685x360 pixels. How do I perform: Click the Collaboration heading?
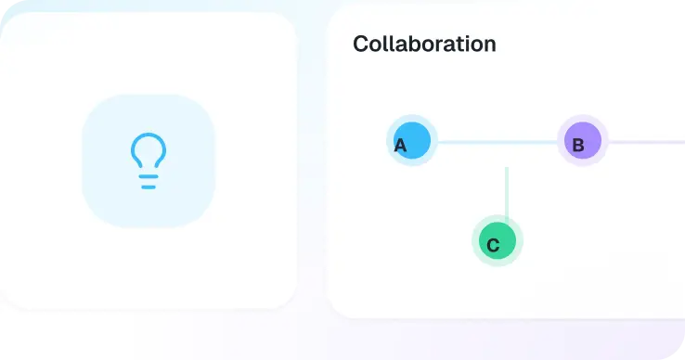point(424,44)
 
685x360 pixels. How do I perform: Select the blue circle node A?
point(412,140)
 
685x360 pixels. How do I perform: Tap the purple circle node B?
point(583,140)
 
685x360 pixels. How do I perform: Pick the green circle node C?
point(498,240)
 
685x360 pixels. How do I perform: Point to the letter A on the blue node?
point(400,146)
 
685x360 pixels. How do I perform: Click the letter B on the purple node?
point(578,145)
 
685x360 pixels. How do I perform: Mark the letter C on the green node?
point(493,245)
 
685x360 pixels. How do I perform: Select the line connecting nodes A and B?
point(498,142)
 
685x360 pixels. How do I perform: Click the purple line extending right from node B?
point(647,142)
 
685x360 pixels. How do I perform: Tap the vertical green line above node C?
point(507,195)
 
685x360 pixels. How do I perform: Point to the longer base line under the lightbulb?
point(149,176)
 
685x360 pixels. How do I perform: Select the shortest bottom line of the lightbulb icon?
point(149,187)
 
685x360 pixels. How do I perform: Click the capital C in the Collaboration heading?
point(360,45)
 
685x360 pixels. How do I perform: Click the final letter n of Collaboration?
point(489,46)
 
